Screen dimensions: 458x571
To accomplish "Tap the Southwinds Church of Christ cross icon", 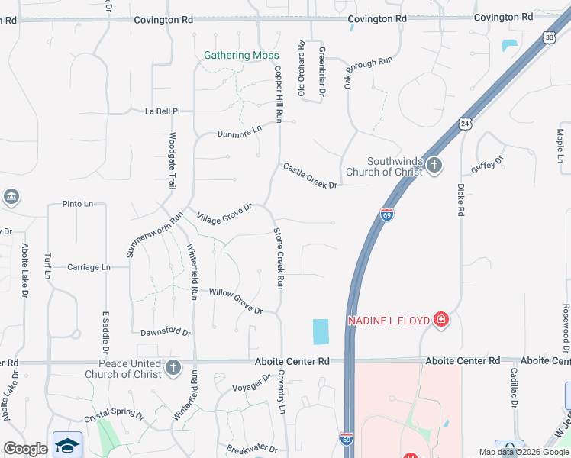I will pos(434,166).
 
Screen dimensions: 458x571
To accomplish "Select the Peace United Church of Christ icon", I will pos(173,369).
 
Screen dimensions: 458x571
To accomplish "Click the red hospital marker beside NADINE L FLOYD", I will pos(440,319).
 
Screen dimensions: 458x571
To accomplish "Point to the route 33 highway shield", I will pos(549,37).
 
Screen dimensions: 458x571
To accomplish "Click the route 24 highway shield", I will pos(466,123).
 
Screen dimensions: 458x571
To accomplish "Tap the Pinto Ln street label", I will pos(77,205).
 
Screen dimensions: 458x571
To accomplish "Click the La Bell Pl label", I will pos(162,111).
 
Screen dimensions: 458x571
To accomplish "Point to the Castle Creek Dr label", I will pos(310,176).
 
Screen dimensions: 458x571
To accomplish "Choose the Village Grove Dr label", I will pos(224,214).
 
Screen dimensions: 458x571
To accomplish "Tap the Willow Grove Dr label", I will pos(236,301).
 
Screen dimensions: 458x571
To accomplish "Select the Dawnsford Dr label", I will pos(166,332).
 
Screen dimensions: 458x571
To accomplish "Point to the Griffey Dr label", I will pos(488,164).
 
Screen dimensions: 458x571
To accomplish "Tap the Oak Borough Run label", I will pos(368,73).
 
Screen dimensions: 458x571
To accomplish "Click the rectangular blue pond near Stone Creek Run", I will pos(321,331).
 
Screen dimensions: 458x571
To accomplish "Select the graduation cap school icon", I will pos(67,445).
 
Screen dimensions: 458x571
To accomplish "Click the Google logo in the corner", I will pos(25,449).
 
